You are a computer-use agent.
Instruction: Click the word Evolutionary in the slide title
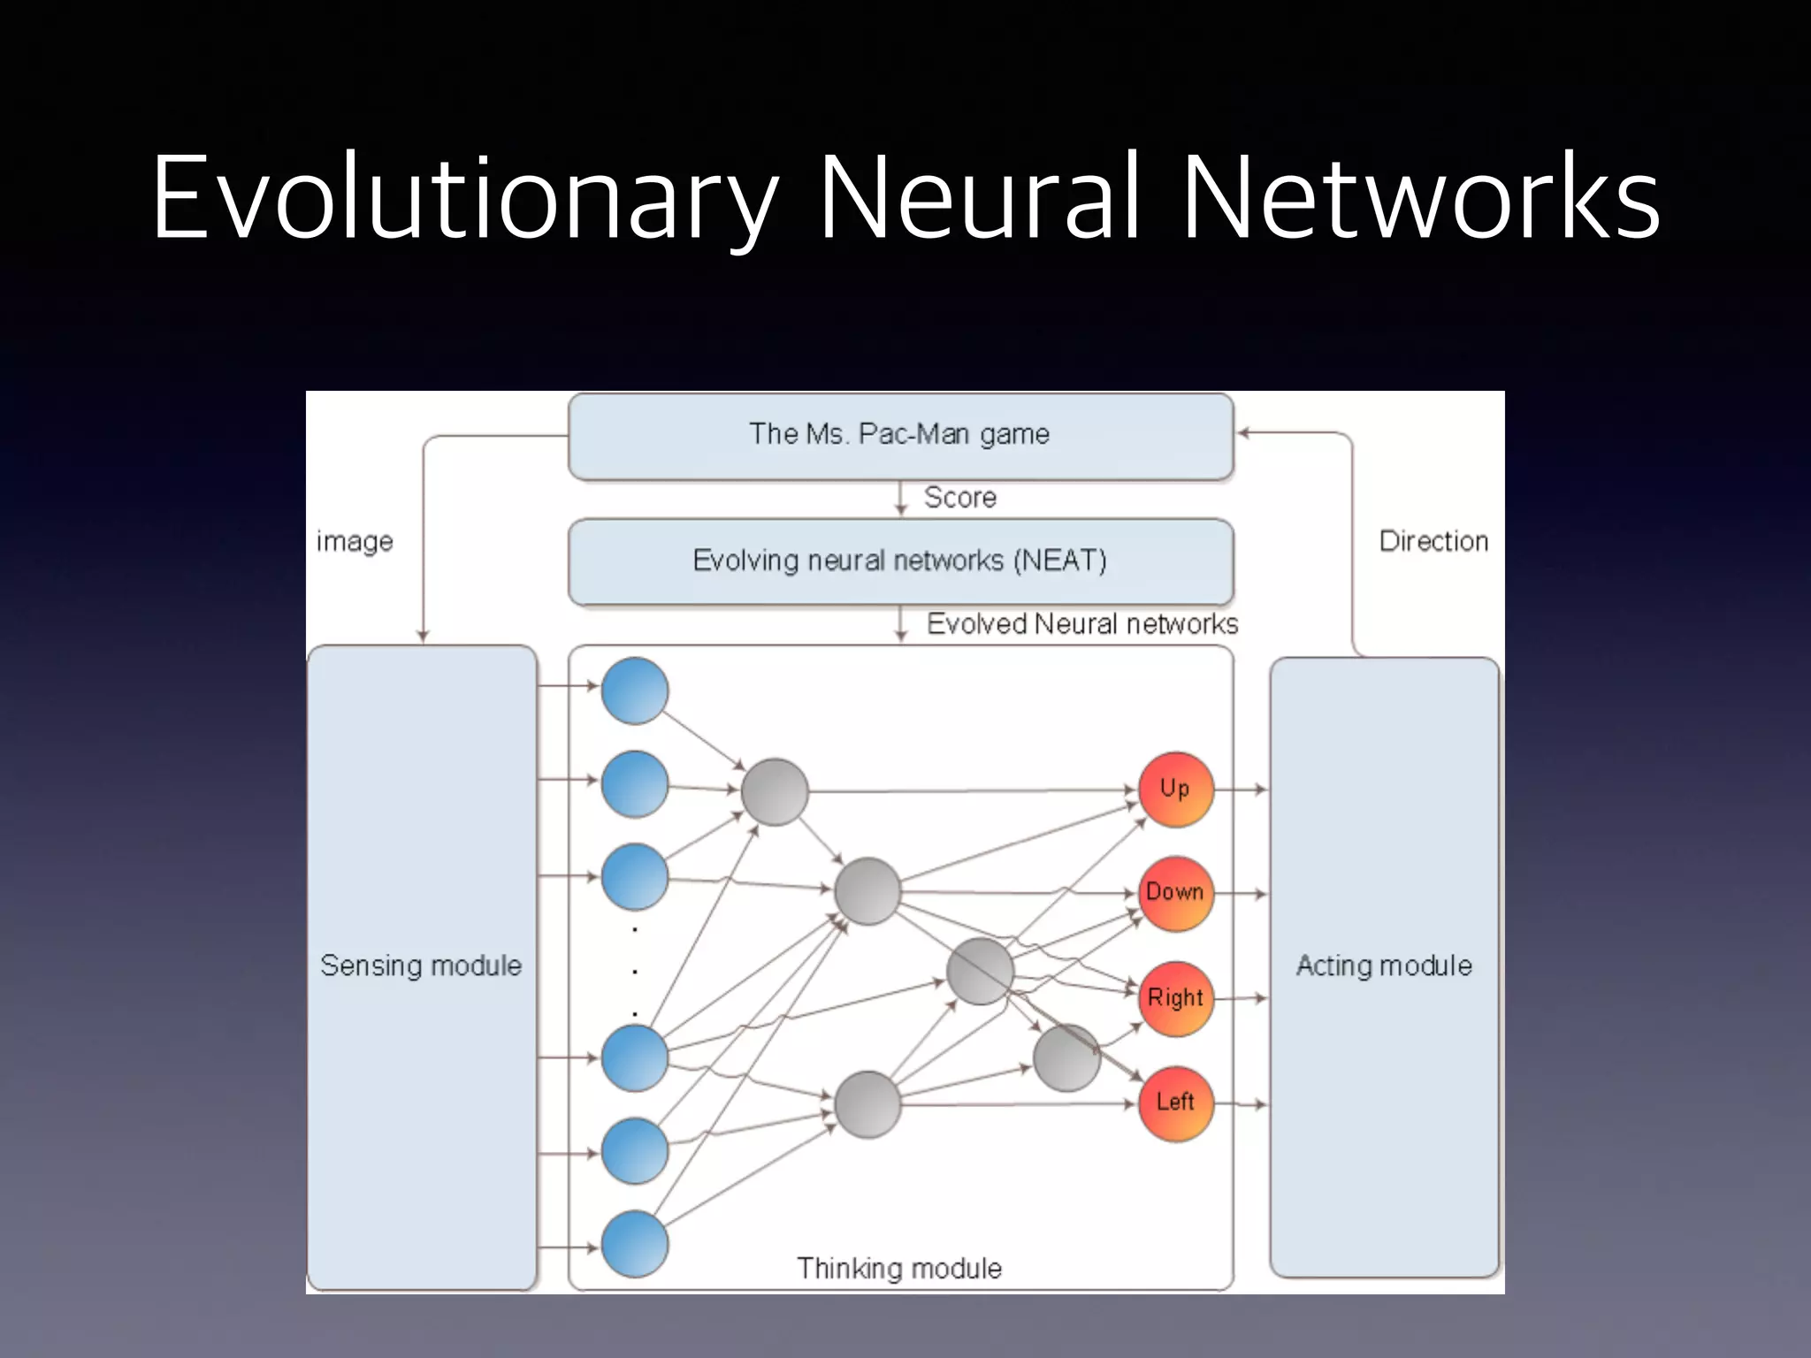click(464, 199)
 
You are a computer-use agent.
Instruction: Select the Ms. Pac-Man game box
click(900, 435)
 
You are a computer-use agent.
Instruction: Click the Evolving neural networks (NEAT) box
click(900, 561)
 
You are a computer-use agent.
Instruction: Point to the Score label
click(960, 498)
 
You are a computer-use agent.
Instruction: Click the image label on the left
click(355, 541)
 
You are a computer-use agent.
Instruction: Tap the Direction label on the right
click(1433, 541)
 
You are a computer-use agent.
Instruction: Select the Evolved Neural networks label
click(1081, 624)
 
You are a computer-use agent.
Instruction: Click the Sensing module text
click(421, 965)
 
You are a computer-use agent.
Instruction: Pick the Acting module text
click(1384, 965)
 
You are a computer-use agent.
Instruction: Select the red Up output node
click(1175, 790)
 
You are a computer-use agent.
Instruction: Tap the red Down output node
click(1175, 893)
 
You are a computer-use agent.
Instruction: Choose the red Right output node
click(1175, 998)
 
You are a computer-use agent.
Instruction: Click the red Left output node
click(1175, 1102)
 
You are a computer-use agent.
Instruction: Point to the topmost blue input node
click(634, 690)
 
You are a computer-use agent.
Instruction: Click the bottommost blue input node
click(634, 1244)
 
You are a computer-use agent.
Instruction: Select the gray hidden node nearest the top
click(775, 792)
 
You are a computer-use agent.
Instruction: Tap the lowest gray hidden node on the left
click(867, 1104)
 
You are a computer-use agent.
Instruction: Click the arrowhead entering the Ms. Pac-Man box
click(1243, 433)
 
